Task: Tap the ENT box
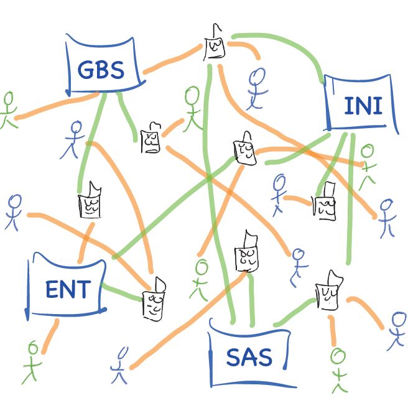[67, 289]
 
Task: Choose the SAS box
[249, 357]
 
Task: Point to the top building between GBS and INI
[215, 45]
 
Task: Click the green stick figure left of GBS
[7, 109]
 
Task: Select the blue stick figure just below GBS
[74, 137]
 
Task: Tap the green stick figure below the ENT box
[32, 361]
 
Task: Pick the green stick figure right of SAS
[337, 367]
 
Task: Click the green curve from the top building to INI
[292, 44]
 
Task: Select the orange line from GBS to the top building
[174, 61]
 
